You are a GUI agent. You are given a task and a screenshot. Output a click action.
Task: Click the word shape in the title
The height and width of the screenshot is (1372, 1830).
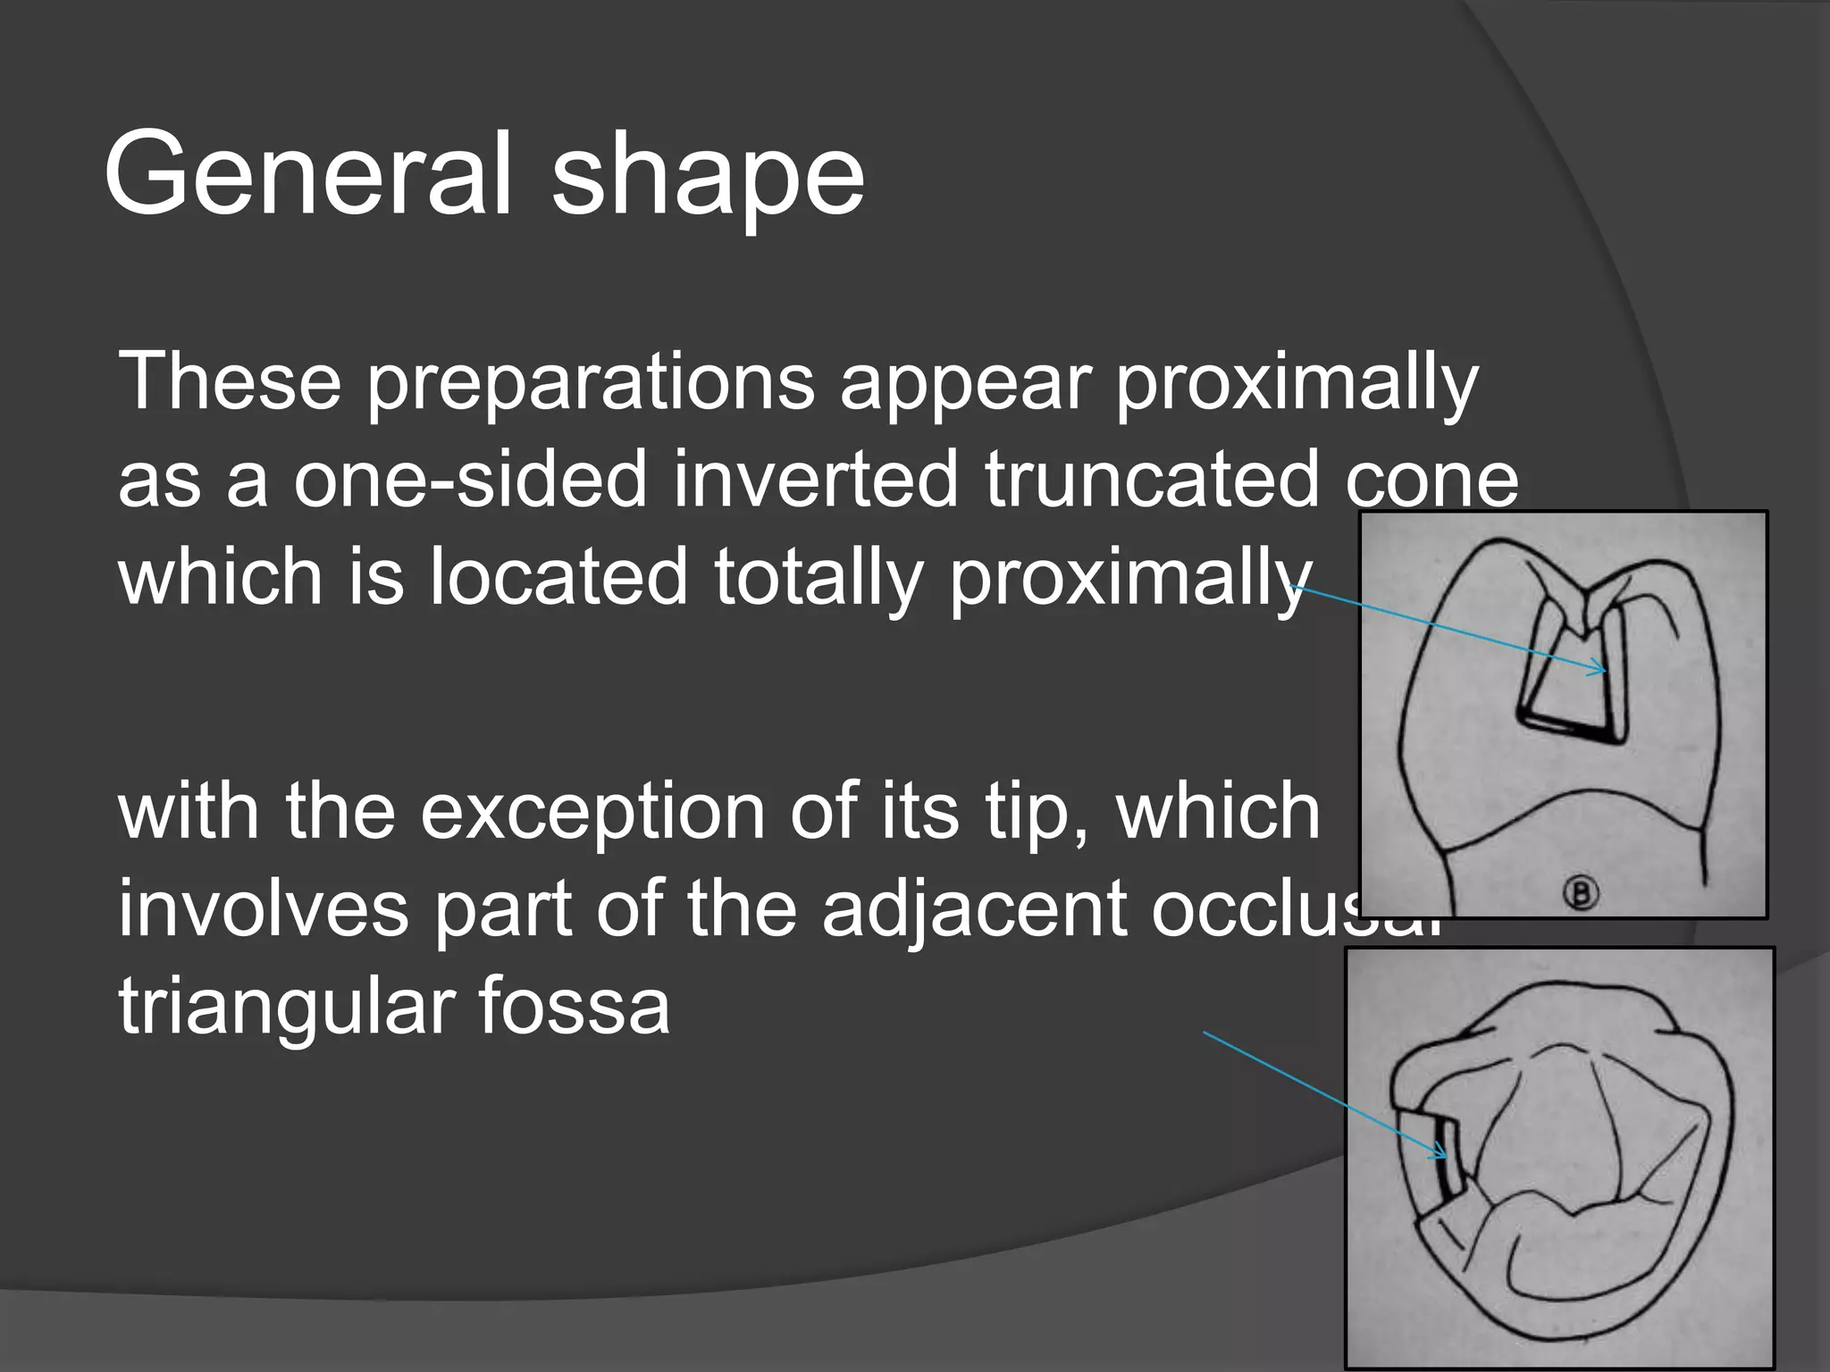pos(708,179)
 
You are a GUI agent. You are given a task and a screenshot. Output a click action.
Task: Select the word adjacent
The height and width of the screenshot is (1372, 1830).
pos(974,911)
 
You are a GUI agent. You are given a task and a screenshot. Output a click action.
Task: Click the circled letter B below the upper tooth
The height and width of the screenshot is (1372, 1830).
pos(1581,892)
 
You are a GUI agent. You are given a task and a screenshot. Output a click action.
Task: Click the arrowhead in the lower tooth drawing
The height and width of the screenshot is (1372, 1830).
pos(1440,1156)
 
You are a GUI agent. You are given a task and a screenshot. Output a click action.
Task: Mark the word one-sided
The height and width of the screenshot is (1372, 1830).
pos(470,480)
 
